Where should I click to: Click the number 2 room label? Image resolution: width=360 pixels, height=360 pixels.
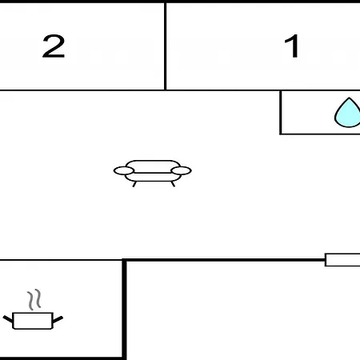(54, 46)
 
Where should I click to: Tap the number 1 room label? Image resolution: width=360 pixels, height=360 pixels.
(291, 46)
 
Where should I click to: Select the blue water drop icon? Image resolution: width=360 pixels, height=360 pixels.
(348, 112)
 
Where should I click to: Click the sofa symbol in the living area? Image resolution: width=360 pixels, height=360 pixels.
(153, 174)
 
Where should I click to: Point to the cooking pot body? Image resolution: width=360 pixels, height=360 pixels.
(33, 321)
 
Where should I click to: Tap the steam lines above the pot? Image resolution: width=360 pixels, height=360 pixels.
(34, 299)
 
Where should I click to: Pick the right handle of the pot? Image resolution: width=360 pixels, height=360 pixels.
(58, 319)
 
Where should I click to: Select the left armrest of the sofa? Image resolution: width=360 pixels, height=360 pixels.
(124, 170)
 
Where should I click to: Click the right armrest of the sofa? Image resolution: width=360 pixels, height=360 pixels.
(182, 170)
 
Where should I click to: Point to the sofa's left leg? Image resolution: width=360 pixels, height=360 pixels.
(134, 184)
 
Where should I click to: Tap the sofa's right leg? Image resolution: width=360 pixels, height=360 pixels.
(173, 184)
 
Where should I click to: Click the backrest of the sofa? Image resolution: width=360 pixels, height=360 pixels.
(153, 166)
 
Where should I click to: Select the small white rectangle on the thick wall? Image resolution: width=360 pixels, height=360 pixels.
(342, 260)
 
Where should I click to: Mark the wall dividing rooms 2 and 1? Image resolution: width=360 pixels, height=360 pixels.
(166, 46)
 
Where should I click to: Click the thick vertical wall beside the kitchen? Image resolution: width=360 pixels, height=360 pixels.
(124, 309)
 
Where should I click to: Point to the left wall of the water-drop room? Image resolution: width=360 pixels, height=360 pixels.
(281, 112)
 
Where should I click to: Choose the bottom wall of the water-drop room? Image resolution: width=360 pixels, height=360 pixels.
(320, 134)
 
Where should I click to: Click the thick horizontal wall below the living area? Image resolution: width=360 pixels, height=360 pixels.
(224, 259)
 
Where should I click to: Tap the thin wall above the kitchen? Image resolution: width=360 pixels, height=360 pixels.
(61, 259)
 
